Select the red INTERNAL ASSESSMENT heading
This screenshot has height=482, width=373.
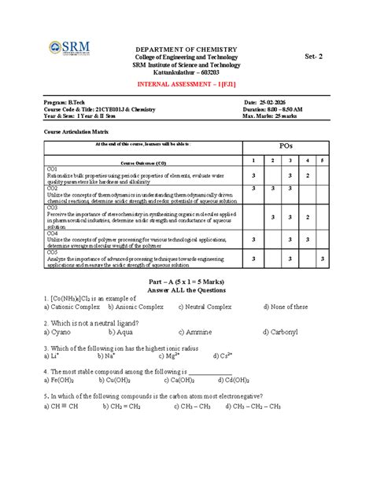click(x=186, y=83)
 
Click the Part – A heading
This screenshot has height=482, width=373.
click(x=186, y=281)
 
